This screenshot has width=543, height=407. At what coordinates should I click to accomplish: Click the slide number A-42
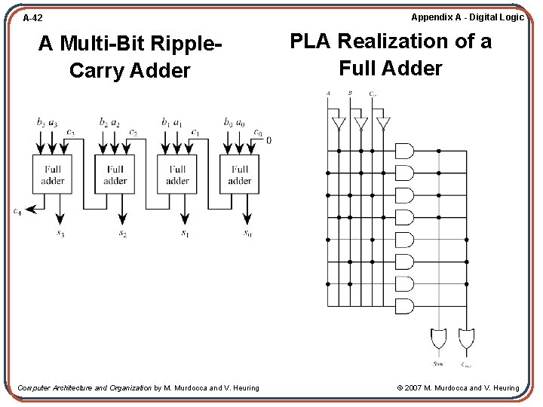tap(32, 17)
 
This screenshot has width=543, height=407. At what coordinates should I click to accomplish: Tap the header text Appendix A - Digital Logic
tap(467, 17)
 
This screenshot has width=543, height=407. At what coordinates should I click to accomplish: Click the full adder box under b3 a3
tap(53, 175)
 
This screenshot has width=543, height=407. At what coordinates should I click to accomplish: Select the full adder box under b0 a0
tap(239, 175)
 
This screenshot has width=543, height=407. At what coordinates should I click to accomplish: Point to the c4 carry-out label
tap(17, 212)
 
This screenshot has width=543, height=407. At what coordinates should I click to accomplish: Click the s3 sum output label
tap(60, 234)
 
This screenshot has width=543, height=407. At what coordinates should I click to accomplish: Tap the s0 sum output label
tap(247, 233)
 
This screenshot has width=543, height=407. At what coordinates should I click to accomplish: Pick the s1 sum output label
tap(184, 234)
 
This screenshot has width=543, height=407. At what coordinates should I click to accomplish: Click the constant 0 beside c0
tap(269, 140)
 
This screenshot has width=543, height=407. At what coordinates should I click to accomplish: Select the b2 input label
tap(103, 121)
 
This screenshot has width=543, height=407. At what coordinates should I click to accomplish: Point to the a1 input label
tap(176, 121)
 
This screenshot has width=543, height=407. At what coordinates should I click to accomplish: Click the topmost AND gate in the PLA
tap(405, 151)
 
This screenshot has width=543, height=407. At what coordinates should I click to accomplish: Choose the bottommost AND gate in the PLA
tap(405, 305)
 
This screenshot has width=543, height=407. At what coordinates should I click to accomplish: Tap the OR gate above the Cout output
tap(467, 338)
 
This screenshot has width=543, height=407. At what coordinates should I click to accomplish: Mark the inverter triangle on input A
tap(339, 123)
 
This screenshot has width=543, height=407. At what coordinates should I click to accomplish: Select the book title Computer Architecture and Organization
tap(84, 388)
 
